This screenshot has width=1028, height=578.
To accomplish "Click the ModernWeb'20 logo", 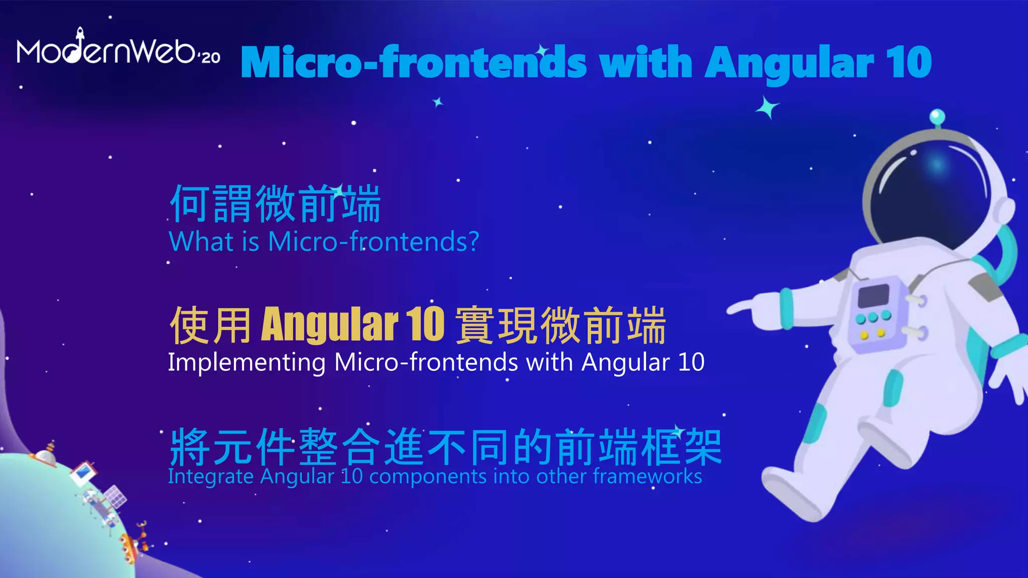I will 118,48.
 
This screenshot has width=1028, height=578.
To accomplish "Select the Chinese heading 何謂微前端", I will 275,204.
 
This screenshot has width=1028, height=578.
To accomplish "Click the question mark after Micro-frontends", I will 472,242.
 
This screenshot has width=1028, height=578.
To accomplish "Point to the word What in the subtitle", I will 202,241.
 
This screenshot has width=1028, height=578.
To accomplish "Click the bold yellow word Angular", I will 330,325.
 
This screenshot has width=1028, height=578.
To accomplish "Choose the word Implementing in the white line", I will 246,363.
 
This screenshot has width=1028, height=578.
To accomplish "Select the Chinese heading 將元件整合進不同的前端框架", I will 446,446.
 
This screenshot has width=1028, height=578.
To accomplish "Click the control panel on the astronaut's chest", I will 876,316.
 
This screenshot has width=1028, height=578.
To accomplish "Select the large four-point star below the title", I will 767,107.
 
